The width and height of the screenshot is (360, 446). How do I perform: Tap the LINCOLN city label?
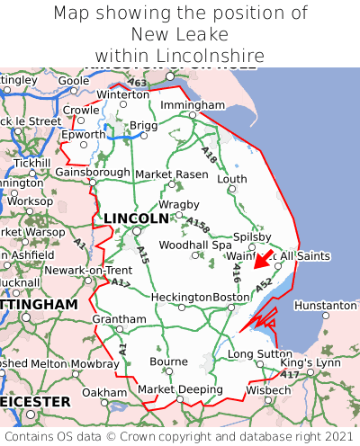tap(136, 219)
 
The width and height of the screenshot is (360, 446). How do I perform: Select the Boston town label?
tap(230, 298)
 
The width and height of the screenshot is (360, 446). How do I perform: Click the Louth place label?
tap(231, 179)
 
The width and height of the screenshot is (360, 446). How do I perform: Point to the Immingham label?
tap(192, 105)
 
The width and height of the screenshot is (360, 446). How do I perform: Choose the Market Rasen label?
tap(177, 174)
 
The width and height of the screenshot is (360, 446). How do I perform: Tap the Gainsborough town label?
tap(93, 172)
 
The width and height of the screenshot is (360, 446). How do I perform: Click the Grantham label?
tap(119, 319)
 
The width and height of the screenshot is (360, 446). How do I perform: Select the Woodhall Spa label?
tap(195, 245)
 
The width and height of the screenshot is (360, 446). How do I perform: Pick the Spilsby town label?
tap(252, 236)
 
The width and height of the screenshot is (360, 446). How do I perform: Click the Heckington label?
tap(181, 298)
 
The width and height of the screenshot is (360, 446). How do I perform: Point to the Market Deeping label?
tap(180, 389)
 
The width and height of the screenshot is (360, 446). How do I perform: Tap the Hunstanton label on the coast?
tap(325, 306)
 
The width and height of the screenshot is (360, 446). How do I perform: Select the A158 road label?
tap(198, 225)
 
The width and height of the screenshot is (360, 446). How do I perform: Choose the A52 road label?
tap(264, 285)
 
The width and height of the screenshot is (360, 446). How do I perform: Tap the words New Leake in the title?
tap(180, 35)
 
